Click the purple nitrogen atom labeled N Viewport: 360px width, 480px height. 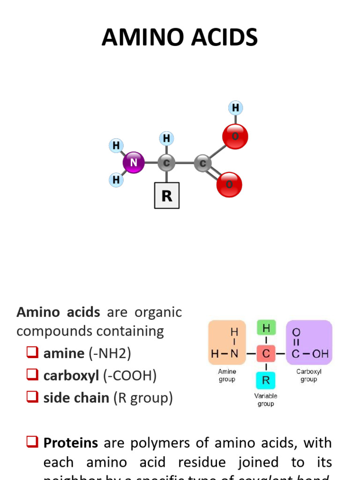(x=134, y=163)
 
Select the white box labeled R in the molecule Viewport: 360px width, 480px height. (x=167, y=195)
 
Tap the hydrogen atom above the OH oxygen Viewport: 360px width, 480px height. (x=235, y=108)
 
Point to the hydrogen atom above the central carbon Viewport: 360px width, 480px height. (x=166, y=138)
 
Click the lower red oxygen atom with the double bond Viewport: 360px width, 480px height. (x=229, y=184)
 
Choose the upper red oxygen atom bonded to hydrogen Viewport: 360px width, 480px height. (x=235, y=136)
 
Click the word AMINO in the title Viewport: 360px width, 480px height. (x=140, y=37)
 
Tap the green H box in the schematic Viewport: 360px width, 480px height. (x=266, y=327)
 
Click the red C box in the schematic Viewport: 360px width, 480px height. (x=266, y=354)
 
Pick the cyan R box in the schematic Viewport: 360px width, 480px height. (x=266, y=380)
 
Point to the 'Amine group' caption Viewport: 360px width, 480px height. (x=227, y=375)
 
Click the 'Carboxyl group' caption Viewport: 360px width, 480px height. (x=308, y=375)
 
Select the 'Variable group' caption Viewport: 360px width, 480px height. (x=266, y=400)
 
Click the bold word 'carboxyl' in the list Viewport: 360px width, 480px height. (x=69, y=375)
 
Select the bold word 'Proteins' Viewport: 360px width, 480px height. (x=71, y=442)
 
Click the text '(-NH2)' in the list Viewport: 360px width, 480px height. (x=110, y=353)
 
